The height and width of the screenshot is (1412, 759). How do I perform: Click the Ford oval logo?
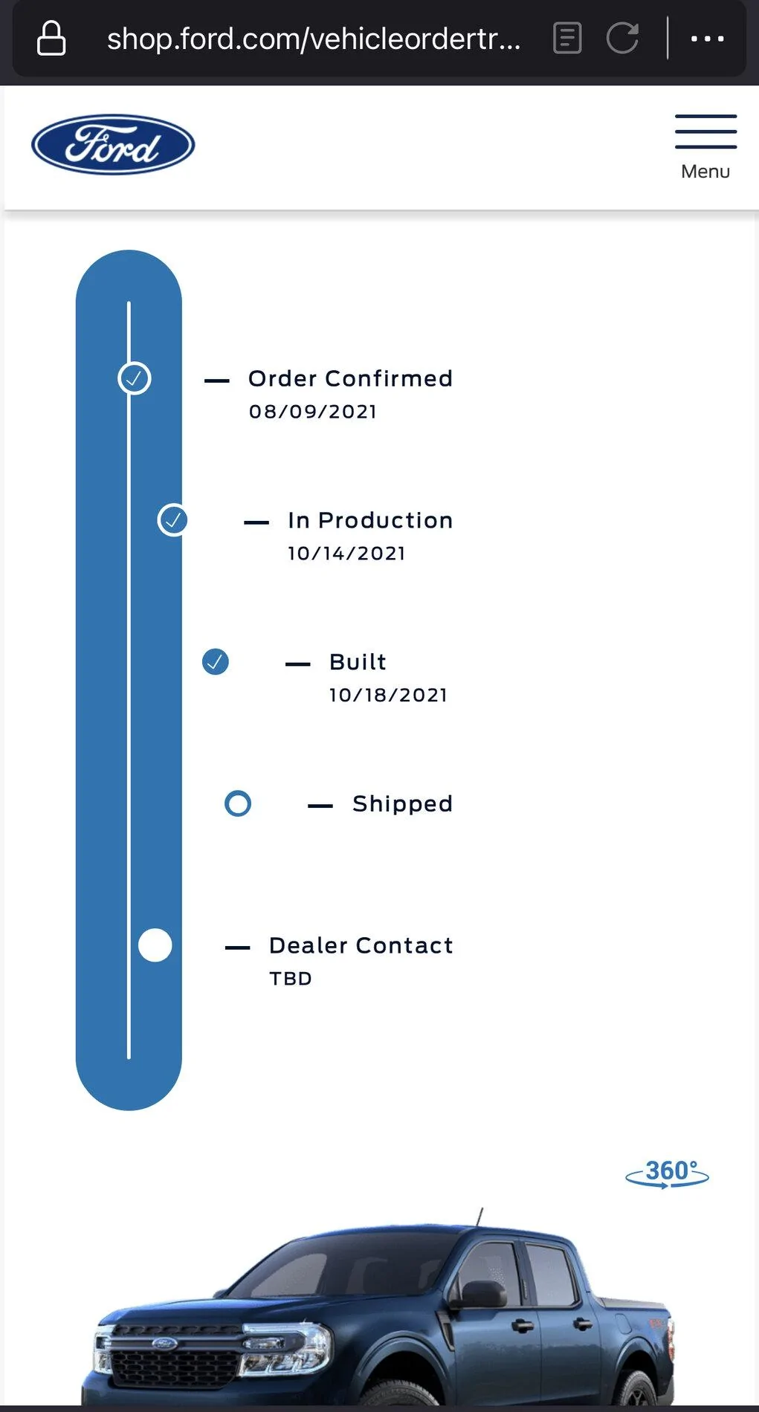click(113, 144)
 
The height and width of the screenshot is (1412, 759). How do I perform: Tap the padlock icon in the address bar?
click(51, 38)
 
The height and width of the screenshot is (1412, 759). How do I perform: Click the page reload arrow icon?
click(623, 38)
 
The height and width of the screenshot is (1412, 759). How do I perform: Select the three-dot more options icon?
click(707, 38)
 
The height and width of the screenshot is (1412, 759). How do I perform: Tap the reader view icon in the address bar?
click(567, 38)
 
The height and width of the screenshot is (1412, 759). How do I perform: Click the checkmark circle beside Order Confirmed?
click(135, 378)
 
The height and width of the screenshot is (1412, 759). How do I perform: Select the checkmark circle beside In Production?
click(172, 520)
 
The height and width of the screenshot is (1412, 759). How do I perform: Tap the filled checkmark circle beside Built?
click(216, 661)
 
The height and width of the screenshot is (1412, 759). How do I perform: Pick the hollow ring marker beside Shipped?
click(238, 803)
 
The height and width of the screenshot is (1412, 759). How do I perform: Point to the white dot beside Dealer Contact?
click(155, 945)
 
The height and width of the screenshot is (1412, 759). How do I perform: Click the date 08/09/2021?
click(313, 412)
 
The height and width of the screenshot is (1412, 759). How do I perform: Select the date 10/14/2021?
click(346, 554)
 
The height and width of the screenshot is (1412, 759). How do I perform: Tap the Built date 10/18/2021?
click(388, 696)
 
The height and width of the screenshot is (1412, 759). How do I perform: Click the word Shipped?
click(402, 804)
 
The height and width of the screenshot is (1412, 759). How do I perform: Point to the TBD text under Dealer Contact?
click(291, 979)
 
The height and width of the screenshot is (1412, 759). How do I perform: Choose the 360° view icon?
click(668, 1173)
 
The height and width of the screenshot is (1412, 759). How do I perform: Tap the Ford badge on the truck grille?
click(164, 1344)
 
